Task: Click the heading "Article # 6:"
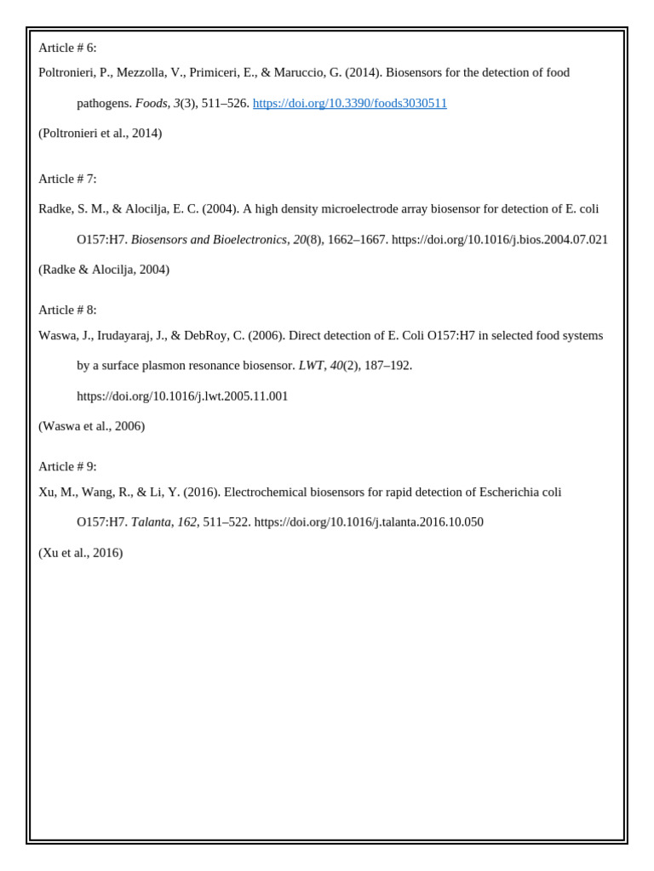(x=67, y=48)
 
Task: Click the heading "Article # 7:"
(x=67, y=179)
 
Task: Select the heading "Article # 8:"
(x=67, y=310)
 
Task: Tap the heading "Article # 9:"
(x=67, y=466)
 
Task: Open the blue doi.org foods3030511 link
(x=349, y=103)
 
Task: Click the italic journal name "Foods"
(x=151, y=103)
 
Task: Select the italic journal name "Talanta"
(x=151, y=522)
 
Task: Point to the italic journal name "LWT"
(x=311, y=366)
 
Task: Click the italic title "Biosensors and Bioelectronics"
(x=209, y=240)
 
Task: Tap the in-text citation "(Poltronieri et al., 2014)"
(x=100, y=133)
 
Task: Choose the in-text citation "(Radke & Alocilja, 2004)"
(x=104, y=270)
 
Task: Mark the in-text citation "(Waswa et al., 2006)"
(x=91, y=426)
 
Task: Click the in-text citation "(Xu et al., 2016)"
(x=80, y=553)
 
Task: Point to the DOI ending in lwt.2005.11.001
(x=182, y=396)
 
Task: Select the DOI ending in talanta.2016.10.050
(x=368, y=522)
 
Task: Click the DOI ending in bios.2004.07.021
(x=499, y=240)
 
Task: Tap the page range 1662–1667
(x=358, y=240)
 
